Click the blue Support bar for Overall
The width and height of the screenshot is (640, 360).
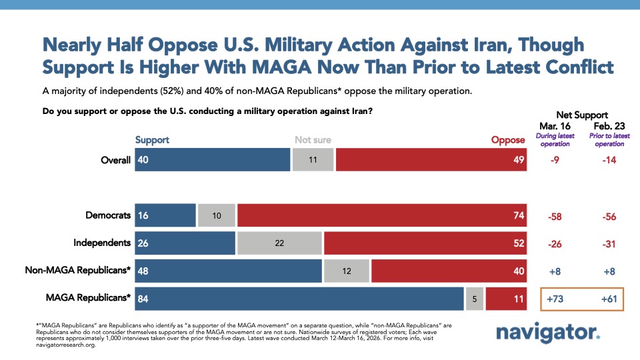pos(212,160)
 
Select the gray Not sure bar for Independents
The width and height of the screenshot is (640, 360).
pos(279,243)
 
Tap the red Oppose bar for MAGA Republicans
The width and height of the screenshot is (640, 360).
pos(507,299)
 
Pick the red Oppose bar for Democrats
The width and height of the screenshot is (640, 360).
pos(382,216)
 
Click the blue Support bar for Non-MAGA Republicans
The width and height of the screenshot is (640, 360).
pos(228,271)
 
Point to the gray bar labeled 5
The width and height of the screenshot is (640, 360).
pos(474,299)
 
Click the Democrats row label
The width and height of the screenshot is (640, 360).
pos(108,215)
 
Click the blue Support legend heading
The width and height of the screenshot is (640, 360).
pos(152,140)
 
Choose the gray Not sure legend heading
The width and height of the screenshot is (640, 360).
pos(313,140)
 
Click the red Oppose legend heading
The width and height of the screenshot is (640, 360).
pos(508,140)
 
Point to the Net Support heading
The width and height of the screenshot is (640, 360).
pos(581,115)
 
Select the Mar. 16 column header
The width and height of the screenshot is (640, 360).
pos(555,126)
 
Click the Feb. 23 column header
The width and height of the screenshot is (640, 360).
pos(609,126)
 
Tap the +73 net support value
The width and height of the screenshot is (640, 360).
pos(555,299)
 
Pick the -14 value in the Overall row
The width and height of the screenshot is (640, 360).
pos(609,160)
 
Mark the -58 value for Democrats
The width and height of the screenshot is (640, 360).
pos(555,216)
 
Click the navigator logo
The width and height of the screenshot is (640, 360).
pos(547,332)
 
